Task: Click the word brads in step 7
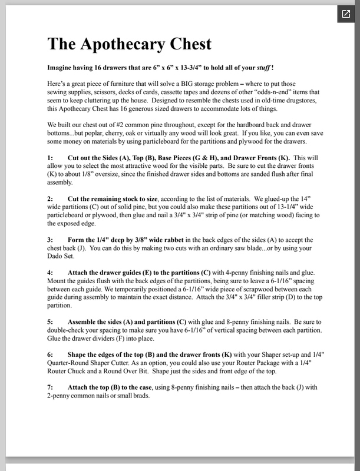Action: (153, 396)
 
